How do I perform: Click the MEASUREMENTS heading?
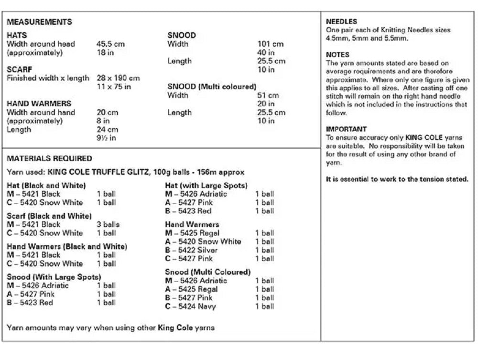point(40,22)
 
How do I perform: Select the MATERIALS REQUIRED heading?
point(50,159)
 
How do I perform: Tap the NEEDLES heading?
point(341,22)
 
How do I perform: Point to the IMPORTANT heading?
point(347,129)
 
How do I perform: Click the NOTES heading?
point(337,55)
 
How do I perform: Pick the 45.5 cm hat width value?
point(110,44)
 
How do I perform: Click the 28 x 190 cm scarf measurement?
point(118,78)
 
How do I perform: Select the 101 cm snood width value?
point(270,44)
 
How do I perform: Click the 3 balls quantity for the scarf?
point(108,224)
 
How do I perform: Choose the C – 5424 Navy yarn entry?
point(190,306)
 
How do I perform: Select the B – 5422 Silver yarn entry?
point(191,250)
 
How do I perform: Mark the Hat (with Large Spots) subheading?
point(206,185)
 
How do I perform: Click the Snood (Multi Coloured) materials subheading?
point(207,272)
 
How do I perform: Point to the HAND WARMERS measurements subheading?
point(39,103)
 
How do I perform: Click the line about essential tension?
point(397,180)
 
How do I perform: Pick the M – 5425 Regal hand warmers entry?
point(192,233)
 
